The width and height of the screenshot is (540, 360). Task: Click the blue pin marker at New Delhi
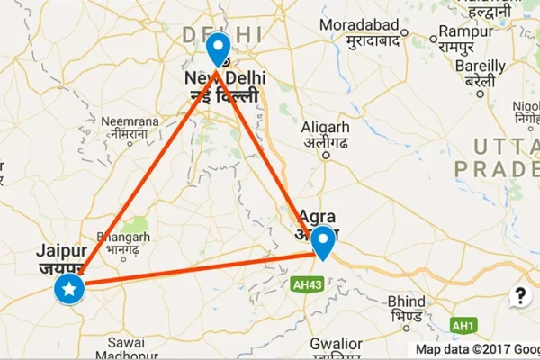218,49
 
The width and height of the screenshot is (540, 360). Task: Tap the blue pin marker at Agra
323,240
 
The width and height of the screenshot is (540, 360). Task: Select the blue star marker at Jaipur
69,289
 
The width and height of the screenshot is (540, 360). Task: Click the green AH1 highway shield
462,325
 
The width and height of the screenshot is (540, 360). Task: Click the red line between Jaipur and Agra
198,271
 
